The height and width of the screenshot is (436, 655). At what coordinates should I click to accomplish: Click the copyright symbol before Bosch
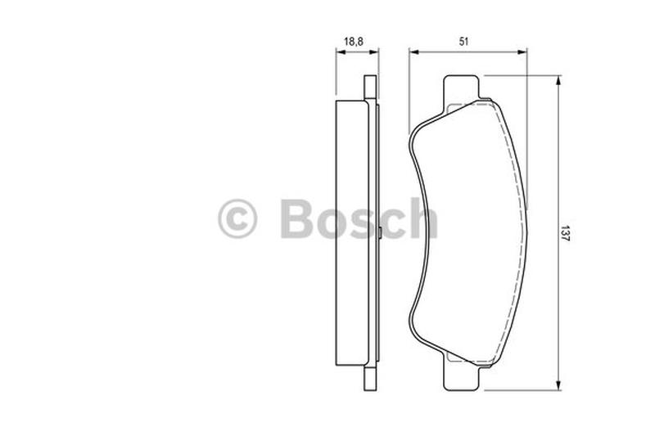pos(237,219)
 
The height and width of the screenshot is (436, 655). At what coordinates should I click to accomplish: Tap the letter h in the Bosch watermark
pos(422,218)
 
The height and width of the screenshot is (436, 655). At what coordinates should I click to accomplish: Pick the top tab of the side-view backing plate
pos(370,89)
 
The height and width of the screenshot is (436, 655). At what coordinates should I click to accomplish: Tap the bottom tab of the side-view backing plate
pos(370,377)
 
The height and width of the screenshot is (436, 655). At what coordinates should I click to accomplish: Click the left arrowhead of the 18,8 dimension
pos(339,52)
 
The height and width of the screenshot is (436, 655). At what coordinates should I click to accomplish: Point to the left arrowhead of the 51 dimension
pos(413,52)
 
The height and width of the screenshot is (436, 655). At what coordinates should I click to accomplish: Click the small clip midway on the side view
pos(382,235)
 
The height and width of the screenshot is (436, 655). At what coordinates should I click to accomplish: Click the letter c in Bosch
pos(391,223)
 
